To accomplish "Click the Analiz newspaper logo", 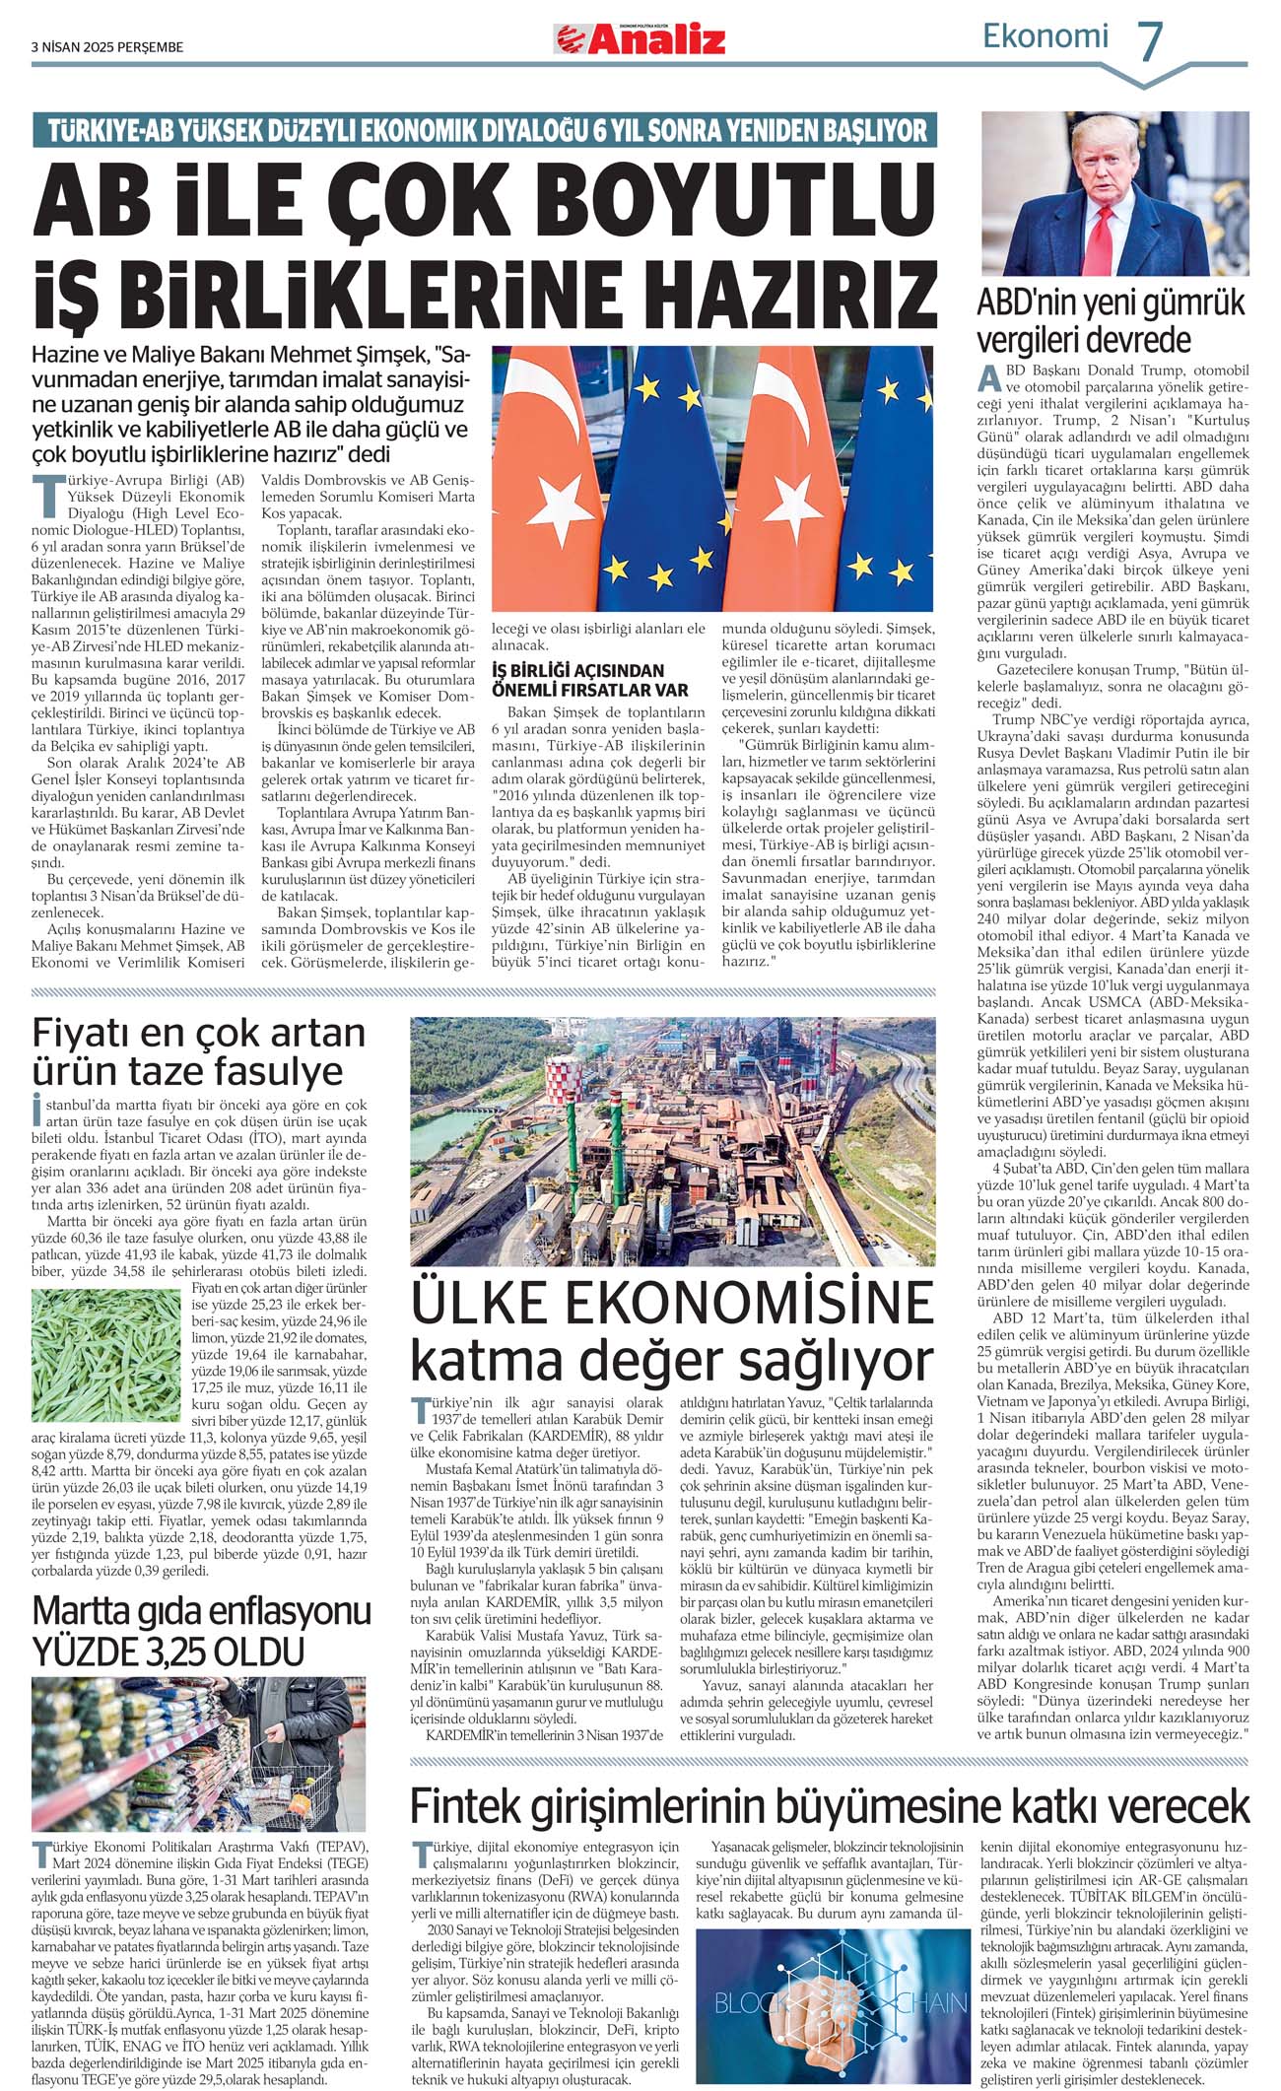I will pyautogui.click(x=640, y=39).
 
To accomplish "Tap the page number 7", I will pyautogui.click(x=1150, y=41).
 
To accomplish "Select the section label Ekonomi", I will pyautogui.click(x=1045, y=36).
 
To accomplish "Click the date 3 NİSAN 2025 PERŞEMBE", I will pyautogui.click(x=107, y=46).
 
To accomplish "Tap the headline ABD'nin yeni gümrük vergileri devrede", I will pyautogui.click(x=1111, y=320).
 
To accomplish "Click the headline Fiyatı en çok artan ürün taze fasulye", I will pyautogui.click(x=199, y=1051).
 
